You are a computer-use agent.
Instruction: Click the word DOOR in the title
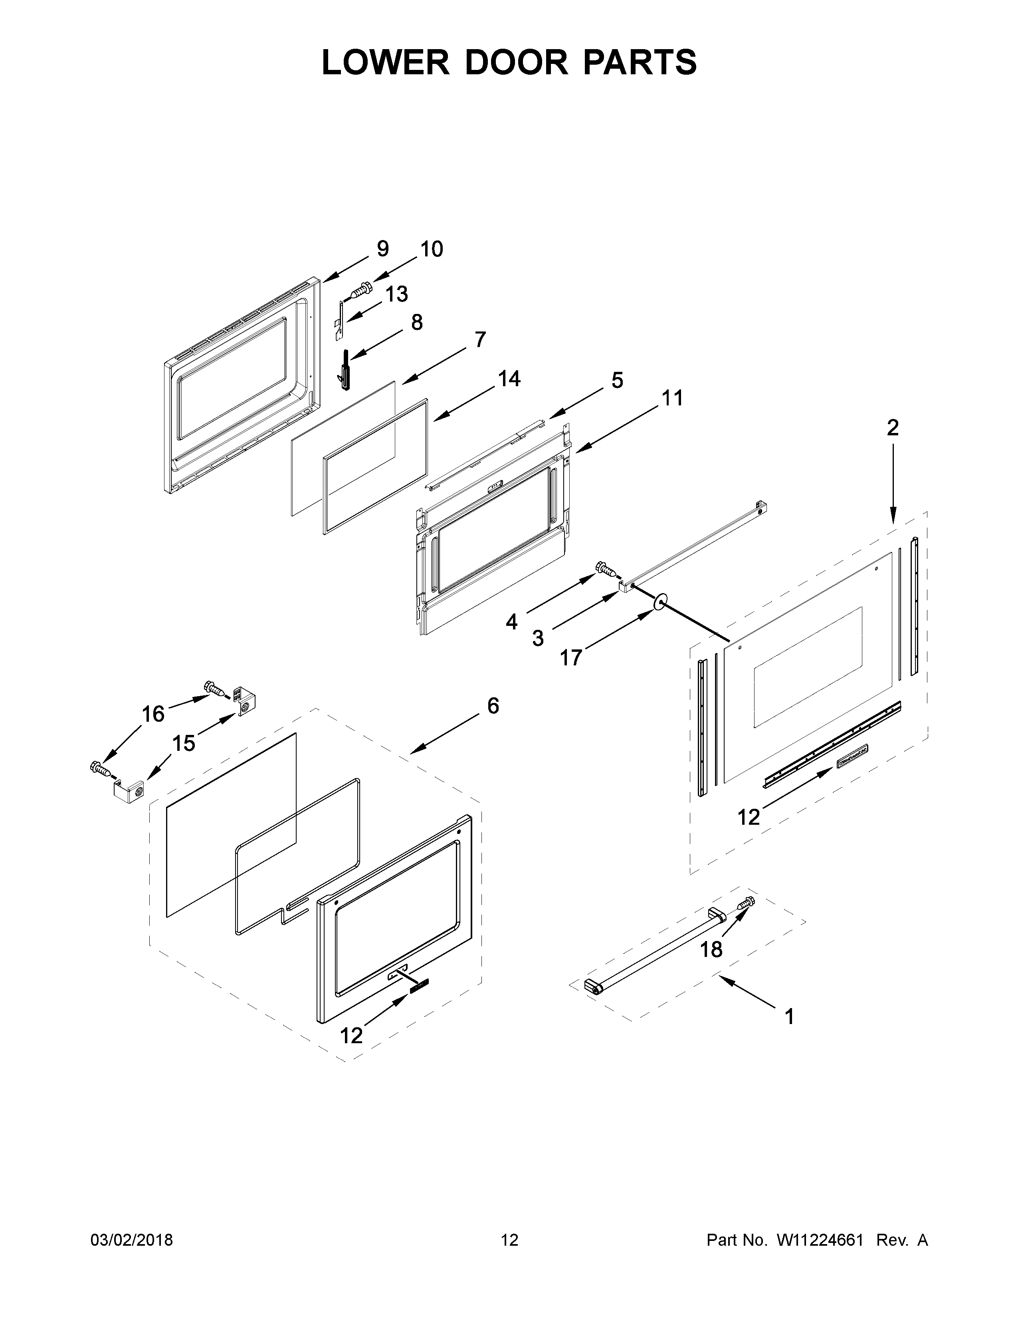click(516, 62)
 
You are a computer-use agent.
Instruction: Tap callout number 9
click(382, 249)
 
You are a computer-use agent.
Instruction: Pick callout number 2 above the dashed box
click(893, 427)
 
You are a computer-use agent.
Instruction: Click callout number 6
click(493, 705)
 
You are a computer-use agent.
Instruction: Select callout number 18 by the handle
click(711, 950)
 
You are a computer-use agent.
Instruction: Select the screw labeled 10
click(360, 290)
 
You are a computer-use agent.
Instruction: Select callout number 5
click(617, 380)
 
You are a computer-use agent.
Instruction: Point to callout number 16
click(153, 714)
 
